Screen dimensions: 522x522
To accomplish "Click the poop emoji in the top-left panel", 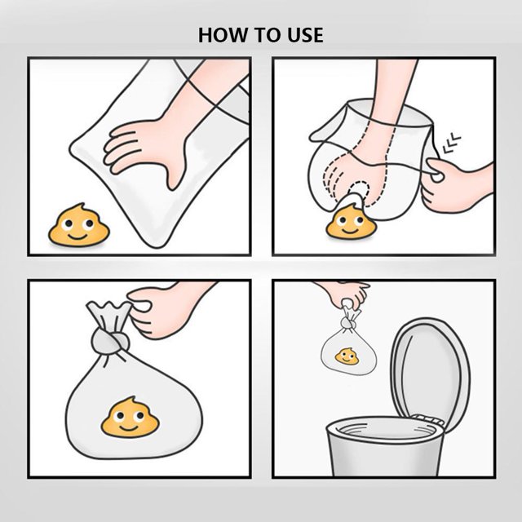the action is click(79, 225).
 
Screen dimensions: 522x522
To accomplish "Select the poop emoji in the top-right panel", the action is click(351, 222).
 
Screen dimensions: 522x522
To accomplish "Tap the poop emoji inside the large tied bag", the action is click(130, 418).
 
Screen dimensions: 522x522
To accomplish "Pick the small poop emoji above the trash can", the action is click(347, 356).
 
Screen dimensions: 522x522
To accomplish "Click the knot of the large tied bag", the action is click(110, 342).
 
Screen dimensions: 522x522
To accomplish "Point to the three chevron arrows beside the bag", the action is click(451, 144).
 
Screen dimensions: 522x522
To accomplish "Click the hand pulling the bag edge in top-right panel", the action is click(456, 185).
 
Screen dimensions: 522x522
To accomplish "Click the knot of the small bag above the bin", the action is click(347, 323).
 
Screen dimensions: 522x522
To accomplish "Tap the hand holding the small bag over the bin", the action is click(346, 294).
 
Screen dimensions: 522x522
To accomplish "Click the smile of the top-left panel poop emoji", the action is click(77, 237).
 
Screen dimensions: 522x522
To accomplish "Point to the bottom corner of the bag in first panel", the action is click(157, 246).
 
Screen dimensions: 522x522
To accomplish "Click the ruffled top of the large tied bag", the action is click(109, 314).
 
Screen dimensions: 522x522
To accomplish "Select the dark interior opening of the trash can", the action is click(386, 431).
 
